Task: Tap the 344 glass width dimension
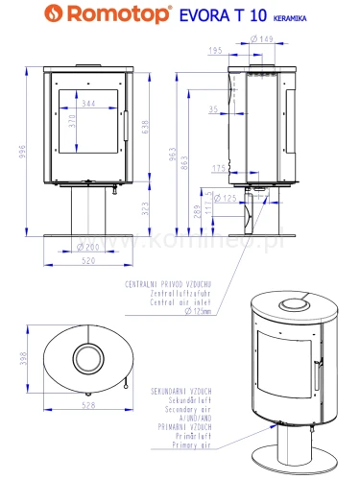(87, 103)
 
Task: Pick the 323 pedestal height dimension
(145, 207)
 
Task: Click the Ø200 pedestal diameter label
(87, 248)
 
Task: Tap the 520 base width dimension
(87, 260)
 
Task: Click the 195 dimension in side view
(216, 49)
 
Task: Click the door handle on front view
(126, 125)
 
